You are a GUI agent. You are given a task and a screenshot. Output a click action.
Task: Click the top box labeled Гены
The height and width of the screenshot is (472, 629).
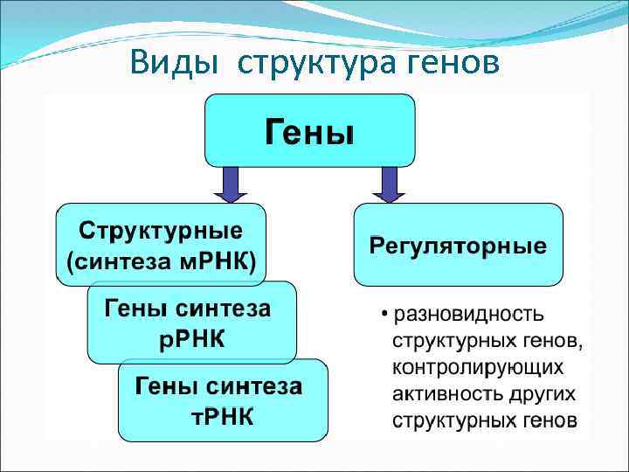tap(309, 131)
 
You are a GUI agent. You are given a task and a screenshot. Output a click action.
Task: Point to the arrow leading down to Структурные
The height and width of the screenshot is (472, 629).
tap(231, 184)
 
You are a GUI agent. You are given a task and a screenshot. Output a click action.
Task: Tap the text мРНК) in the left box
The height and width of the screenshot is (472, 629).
tap(218, 262)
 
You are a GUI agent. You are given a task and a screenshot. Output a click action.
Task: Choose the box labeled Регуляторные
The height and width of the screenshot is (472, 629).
tap(458, 246)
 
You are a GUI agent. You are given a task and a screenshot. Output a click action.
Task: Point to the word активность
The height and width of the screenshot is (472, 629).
tap(444, 392)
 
